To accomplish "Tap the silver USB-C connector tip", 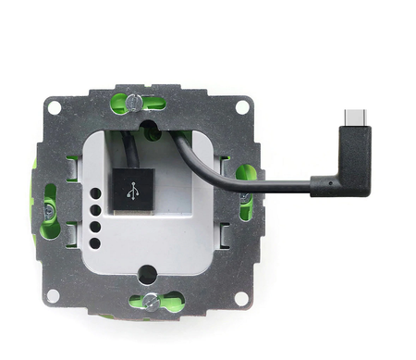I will coord(351,118).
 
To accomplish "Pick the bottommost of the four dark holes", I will coord(94,243).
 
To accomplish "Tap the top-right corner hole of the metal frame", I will coord(241,106).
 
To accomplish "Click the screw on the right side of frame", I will coord(246,173).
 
